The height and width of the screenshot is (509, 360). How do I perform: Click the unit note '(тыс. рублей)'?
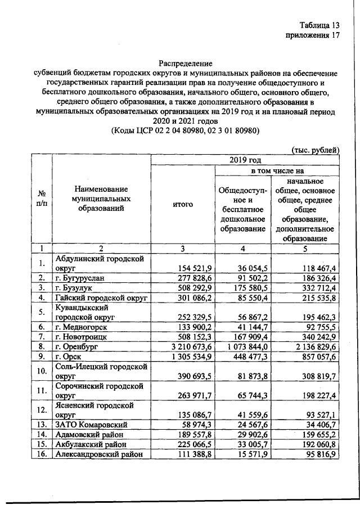[x=314, y=150]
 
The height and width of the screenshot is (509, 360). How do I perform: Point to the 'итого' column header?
[x=183, y=205]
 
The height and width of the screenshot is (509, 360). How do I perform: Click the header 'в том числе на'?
[x=276, y=170]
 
